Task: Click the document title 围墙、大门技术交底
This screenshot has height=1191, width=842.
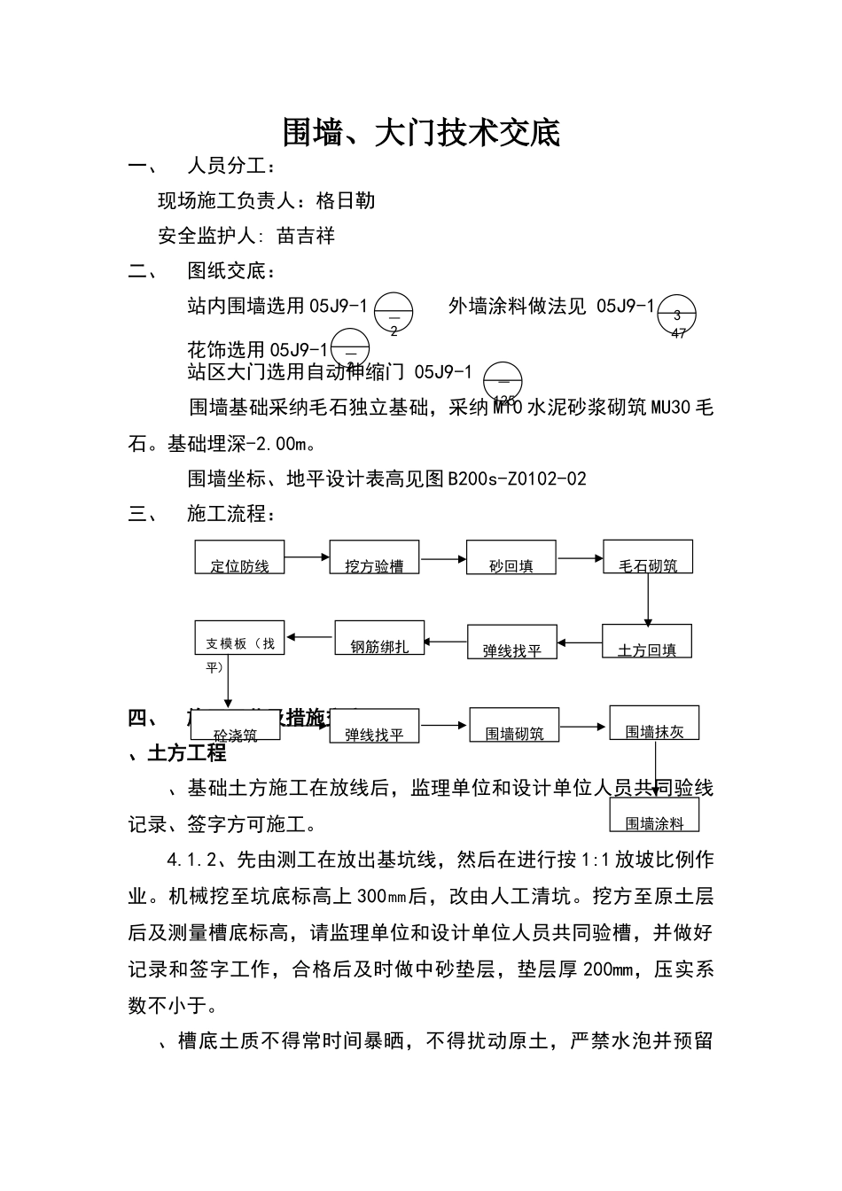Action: coord(421,133)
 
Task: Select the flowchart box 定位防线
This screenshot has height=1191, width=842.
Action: coord(239,557)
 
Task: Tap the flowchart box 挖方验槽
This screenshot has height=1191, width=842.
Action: coord(374,557)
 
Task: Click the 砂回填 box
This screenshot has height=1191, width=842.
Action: coord(511,557)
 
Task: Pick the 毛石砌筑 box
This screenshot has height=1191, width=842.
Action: coord(648,557)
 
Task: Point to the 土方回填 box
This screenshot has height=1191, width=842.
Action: coord(647,641)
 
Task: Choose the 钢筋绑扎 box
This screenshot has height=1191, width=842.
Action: coord(379,638)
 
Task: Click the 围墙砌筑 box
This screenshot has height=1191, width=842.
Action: coord(514,725)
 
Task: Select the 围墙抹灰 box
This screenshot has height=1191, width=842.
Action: coord(654,722)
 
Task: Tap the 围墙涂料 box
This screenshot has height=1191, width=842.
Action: coord(654,814)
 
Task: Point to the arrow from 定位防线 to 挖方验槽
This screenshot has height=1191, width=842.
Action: coord(308,557)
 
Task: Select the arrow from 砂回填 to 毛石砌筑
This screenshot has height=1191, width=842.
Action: coord(581,558)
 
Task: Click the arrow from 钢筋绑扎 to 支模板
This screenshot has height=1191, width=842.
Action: coord(310,636)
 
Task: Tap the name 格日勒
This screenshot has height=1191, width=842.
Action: coord(346,200)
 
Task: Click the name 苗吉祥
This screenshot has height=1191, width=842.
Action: coord(306,236)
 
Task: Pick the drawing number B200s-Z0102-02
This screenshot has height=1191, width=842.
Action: coord(518,479)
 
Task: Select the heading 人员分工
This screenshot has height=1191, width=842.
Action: coord(230,166)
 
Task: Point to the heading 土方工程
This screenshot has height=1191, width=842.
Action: coord(186,753)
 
